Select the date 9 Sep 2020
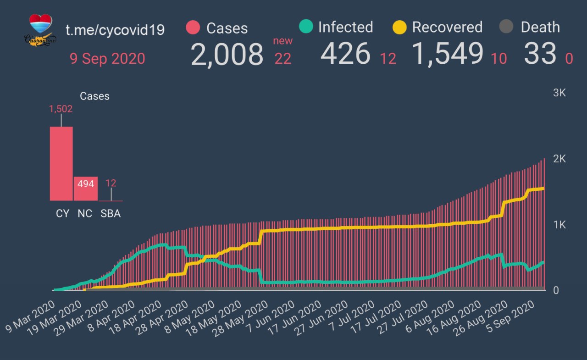coord(107,59)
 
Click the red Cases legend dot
coord(194,28)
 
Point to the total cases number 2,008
coord(227,55)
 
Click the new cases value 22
coord(283,58)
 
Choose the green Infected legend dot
coord(305,27)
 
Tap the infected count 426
coord(345,54)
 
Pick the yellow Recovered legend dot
coord(400,28)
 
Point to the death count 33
coord(540,54)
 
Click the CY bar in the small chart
coord(61,163)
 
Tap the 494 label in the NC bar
coord(86,184)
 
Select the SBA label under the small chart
coord(111,214)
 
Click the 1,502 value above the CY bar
coord(61,109)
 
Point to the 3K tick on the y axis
coord(559,93)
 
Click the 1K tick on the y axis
coord(559,225)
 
